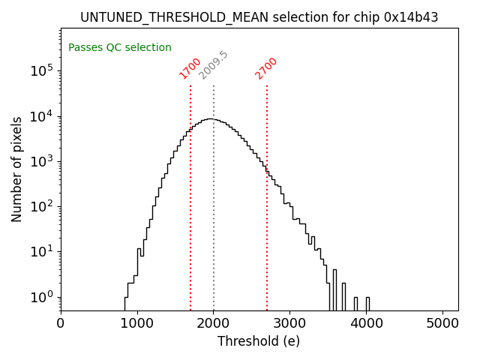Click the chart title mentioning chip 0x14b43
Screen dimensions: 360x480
pyautogui.click(x=259, y=16)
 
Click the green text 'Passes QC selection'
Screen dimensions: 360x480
pyautogui.click(x=120, y=48)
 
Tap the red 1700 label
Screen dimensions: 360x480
pyautogui.click(x=190, y=68)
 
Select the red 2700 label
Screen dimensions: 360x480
pyautogui.click(x=266, y=68)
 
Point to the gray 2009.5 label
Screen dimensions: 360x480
pyautogui.click(x=214, y=65)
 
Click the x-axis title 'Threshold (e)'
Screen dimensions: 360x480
pyautogui.click(x=259, y=341)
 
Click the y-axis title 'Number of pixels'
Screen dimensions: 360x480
pyautogui.click(x=17, y=169)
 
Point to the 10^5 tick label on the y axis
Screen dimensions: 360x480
pyautogui.click(x=41, y=71)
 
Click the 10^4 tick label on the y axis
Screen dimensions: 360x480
pyautogui.click(x=41, y=116)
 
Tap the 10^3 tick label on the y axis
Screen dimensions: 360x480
pyautogui.click(x=41, y=161)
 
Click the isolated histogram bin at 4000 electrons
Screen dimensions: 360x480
pyautogui.click(x=367, y=303)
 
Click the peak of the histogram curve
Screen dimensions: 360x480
pyautogui.click(x=212, y=119)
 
